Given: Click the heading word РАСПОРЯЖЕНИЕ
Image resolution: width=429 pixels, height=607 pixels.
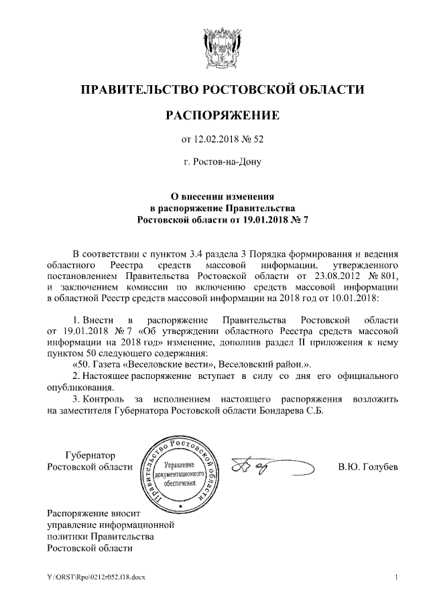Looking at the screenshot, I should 222,116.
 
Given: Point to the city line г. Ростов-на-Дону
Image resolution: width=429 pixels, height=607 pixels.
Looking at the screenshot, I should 222,162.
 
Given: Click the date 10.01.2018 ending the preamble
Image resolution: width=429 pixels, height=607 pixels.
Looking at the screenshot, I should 353,296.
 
